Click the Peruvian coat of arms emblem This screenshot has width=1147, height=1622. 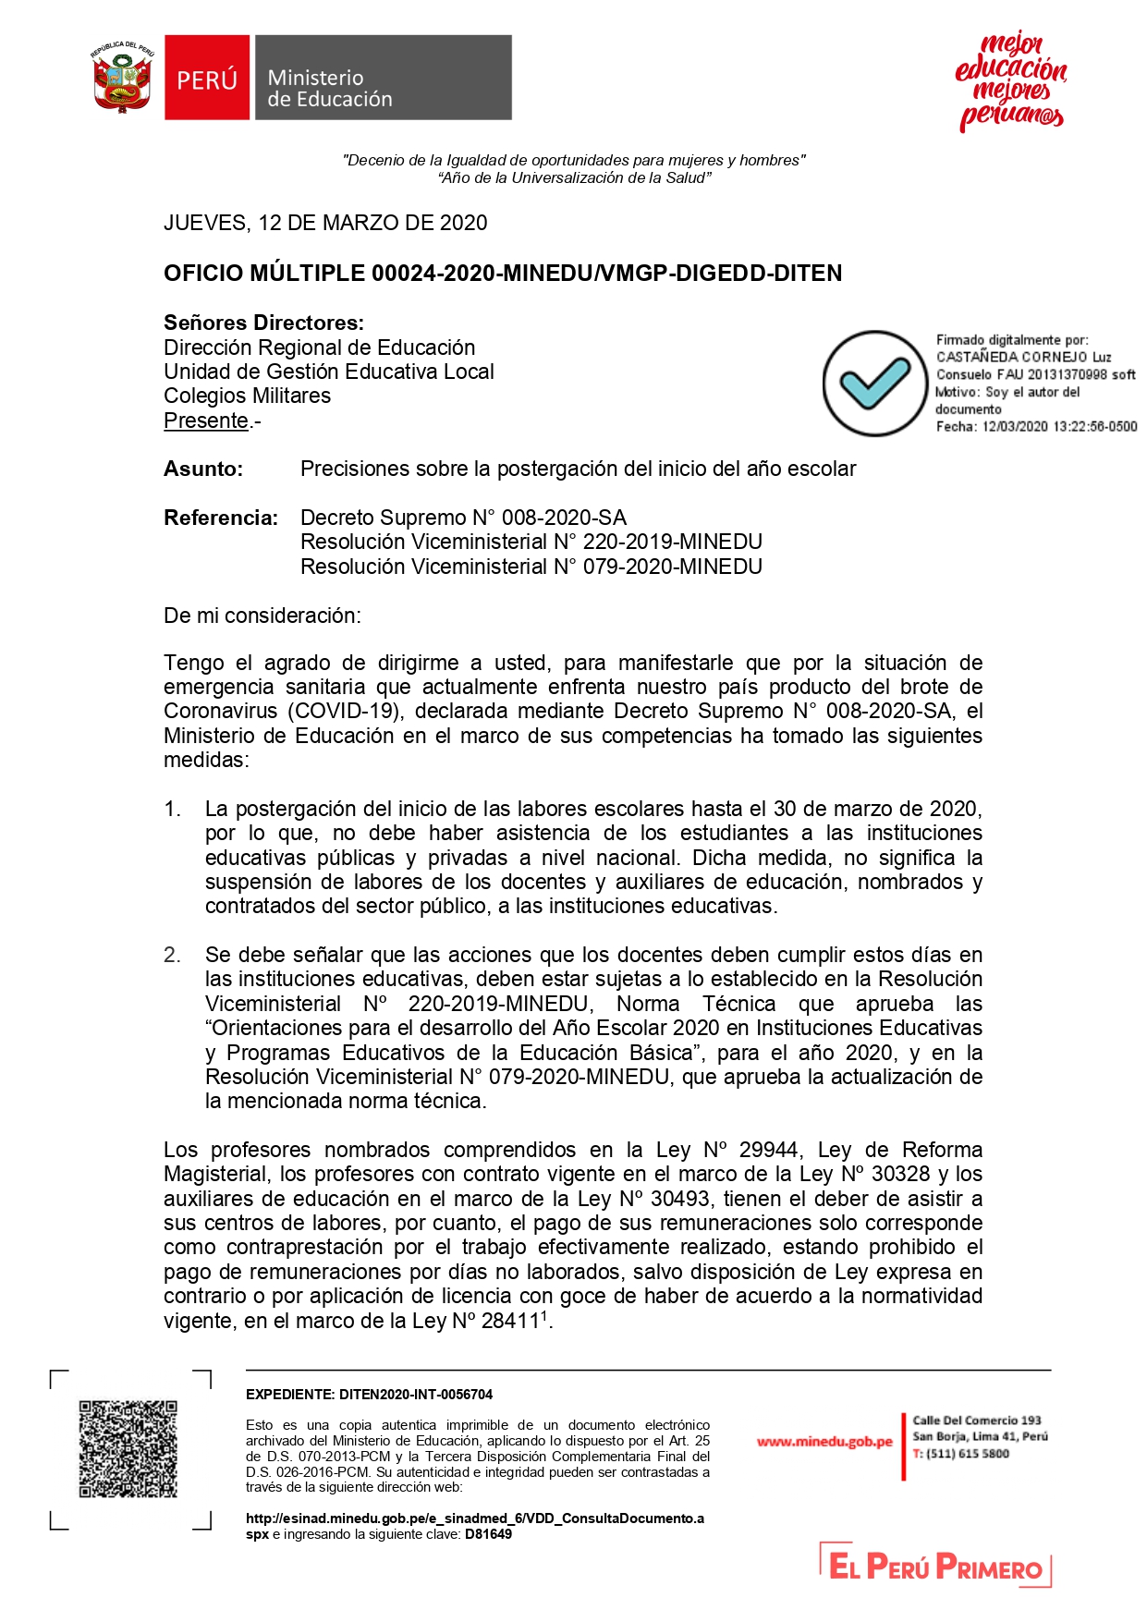point(122,78)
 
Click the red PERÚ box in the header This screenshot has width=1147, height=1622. point(207,79)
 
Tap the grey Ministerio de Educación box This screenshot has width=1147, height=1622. point(383,79)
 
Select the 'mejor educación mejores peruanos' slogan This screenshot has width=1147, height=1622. point(1010,81)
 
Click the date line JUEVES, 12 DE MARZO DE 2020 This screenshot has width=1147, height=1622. point(325,223)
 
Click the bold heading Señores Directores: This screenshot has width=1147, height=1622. point(263,323)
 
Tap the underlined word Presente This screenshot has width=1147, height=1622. point(206,421)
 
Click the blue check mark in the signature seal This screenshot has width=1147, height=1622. point(873,383)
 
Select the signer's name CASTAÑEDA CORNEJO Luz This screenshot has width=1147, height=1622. point(1023,357)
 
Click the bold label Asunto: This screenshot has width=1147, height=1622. point(203,469)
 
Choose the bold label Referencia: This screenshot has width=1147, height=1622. point(221,518)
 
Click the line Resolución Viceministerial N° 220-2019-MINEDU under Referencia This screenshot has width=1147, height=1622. point(531,542)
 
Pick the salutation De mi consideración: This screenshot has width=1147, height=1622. point(262,616)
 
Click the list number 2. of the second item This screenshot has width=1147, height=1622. point(173,955)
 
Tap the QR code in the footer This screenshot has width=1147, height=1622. point(128,1449)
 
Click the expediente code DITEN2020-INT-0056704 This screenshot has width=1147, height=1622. point(416,1395)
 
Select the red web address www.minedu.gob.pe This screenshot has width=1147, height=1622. point(824,1442)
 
